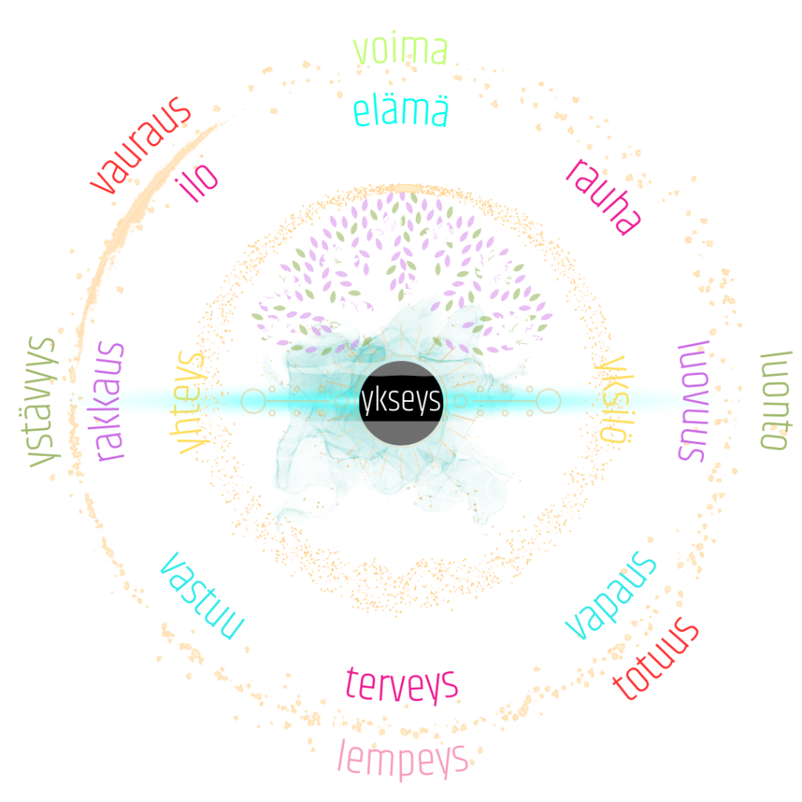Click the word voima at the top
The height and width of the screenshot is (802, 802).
coord(400,50)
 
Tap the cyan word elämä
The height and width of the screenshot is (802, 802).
coord(400,111)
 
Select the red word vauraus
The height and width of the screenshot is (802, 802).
coord(141,146)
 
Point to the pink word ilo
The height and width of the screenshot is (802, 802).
coord(197,182)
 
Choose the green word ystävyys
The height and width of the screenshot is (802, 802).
coord(41,402)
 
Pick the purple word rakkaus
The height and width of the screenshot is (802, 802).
coord(109,402)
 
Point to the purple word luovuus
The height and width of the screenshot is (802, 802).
coord(693,401)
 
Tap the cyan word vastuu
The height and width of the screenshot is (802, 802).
coord(202,596)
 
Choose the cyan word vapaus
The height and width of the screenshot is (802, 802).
coord(610,595)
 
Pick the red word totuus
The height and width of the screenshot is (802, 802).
coord(656,658)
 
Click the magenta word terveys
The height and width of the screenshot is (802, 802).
coord(402,685)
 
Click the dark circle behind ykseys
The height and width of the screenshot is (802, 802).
coord(401,403)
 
